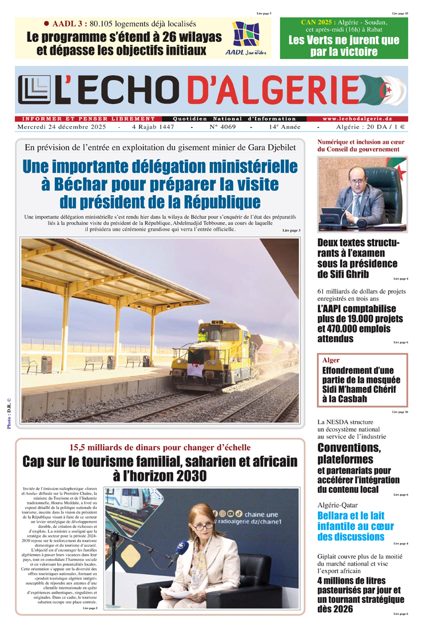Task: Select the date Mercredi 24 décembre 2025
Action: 64,127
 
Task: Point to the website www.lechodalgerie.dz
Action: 364,119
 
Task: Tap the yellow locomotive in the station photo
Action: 219,351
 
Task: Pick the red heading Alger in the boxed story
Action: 331,361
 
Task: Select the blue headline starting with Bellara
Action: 355,526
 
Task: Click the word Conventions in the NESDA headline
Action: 348,447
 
